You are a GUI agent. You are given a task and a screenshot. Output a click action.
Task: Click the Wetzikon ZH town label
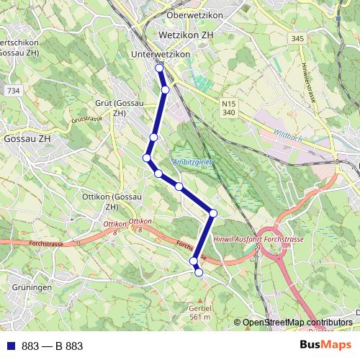[188, 34]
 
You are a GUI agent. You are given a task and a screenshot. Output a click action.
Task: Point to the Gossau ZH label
[26, 138]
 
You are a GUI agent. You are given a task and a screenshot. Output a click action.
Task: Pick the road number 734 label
[12, 91]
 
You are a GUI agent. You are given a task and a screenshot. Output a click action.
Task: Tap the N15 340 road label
[229, 108]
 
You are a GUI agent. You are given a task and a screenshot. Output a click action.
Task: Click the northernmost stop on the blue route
[159, 68]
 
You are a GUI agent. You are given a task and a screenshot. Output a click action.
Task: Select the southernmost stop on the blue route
[199, 272]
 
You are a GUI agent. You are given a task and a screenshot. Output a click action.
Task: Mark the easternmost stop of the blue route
[213, 213]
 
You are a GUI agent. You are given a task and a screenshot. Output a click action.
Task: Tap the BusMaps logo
[326, 345]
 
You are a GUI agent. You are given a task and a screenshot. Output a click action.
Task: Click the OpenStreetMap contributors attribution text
[297, 322]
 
